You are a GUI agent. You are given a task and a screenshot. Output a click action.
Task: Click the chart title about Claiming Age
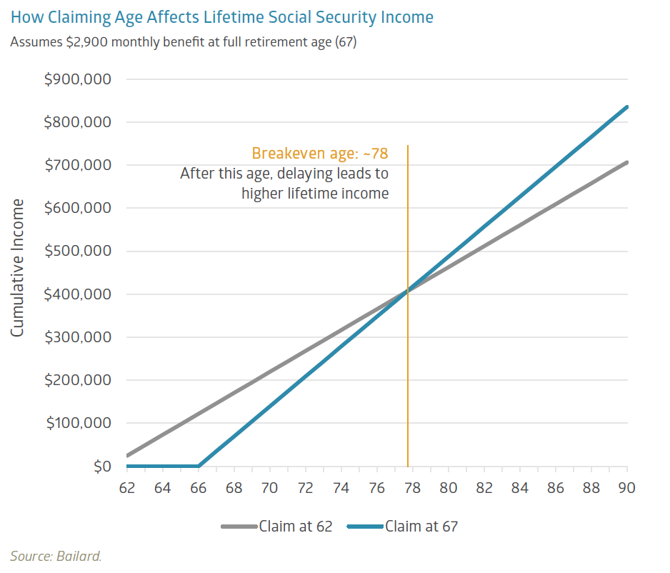(222, 16)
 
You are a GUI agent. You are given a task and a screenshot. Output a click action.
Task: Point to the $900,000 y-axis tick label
(78, 79)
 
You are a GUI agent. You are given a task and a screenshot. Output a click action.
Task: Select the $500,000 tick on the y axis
(78, 251)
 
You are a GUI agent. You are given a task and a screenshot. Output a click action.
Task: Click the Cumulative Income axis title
(18, 268)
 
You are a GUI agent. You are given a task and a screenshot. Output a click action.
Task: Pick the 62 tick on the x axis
(126, 488)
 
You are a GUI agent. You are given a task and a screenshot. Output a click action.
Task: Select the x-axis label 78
(413, 488)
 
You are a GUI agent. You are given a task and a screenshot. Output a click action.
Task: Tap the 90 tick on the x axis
(627, 488)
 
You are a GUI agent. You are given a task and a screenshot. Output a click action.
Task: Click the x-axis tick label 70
(269, 488)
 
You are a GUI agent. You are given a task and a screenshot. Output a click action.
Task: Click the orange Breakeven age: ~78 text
(320, 154)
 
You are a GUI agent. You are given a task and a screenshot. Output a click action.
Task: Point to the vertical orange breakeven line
(408, 357)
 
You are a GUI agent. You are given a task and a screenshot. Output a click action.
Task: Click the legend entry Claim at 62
(277, 527)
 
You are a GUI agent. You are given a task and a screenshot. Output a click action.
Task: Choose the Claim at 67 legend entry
(403, 527)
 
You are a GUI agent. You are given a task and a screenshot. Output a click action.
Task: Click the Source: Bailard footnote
(56, 556)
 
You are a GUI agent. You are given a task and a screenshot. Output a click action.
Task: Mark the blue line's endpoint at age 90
(627, 106)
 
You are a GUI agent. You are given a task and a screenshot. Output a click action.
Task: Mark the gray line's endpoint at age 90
(627, 162)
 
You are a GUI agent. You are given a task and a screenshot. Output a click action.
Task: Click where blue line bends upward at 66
(199, 466)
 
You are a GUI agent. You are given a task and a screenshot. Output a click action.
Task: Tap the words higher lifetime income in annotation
(315, 193)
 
